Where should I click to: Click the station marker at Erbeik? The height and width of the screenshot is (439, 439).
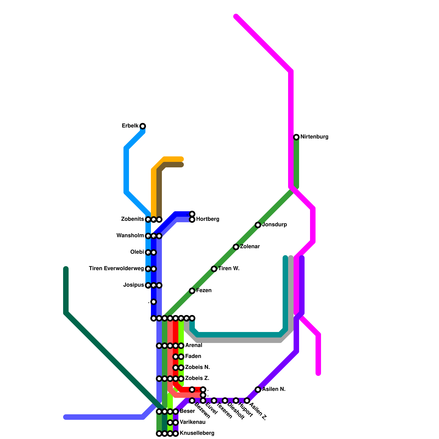[x=143, y=126]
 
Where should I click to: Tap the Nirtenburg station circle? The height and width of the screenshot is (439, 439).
[x=296, y=137]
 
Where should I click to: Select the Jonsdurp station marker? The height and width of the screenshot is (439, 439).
[x=258, y=225]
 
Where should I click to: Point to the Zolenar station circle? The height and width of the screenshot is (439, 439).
[x=236, y=247]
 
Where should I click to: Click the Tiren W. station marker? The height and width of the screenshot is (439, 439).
[x=214, y=269]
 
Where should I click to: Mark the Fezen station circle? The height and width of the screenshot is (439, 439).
[x=192, y=291]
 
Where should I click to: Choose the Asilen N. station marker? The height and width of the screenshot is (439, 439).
[x=258, y=390]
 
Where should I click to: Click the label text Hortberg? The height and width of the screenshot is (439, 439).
[x=208, y=219]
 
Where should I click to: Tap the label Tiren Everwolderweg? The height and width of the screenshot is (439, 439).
[x=116, y=269]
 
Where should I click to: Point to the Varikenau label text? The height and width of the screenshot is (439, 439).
[x=192, y=422]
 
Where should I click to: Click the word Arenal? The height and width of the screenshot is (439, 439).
[x=194, y=345]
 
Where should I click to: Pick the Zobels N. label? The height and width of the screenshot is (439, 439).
[x=198, y=367]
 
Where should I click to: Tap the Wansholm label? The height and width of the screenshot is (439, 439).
[x=130, y=236]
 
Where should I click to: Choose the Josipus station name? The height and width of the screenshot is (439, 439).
[x=134, y=285]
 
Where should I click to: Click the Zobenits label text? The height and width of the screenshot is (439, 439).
[x=133, y=219]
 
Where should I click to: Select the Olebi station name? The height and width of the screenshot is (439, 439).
[x=137, y=252]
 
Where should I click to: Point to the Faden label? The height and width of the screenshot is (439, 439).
[x=193, y=356]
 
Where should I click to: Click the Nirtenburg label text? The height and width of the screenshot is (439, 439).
[x=314, y=137]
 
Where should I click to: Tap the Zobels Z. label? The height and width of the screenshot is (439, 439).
[x=197, y=378]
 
